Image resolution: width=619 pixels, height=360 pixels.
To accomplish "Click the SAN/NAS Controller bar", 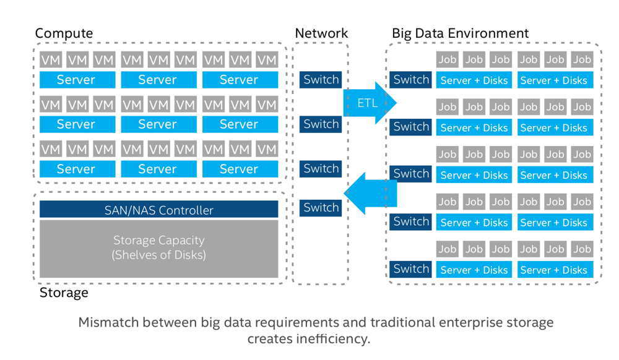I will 158,210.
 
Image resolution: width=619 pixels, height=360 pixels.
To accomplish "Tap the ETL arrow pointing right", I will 369,103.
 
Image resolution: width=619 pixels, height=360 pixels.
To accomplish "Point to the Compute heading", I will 64,33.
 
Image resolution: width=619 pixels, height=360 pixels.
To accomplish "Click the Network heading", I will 321,33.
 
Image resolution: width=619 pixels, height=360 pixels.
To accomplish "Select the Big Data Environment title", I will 460,33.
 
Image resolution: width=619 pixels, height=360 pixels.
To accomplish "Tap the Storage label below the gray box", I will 64,293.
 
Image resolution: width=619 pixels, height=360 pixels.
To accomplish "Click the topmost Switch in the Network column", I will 321,79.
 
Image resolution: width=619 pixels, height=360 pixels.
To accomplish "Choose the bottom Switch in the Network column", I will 321,208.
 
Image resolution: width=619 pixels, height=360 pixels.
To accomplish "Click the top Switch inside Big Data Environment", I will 411,80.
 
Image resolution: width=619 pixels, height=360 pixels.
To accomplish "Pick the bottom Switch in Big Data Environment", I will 411,269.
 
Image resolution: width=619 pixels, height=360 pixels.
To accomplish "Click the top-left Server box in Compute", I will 76,79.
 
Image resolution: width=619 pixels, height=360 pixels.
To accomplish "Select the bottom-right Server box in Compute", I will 239,169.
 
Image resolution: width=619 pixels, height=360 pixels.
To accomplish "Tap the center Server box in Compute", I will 157,124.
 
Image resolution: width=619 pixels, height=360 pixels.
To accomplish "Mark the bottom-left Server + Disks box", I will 474,270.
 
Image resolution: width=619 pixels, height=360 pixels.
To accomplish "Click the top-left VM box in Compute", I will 50,60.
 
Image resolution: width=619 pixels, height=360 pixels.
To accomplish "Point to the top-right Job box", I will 582,59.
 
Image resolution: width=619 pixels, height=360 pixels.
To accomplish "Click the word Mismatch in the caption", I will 105,322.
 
